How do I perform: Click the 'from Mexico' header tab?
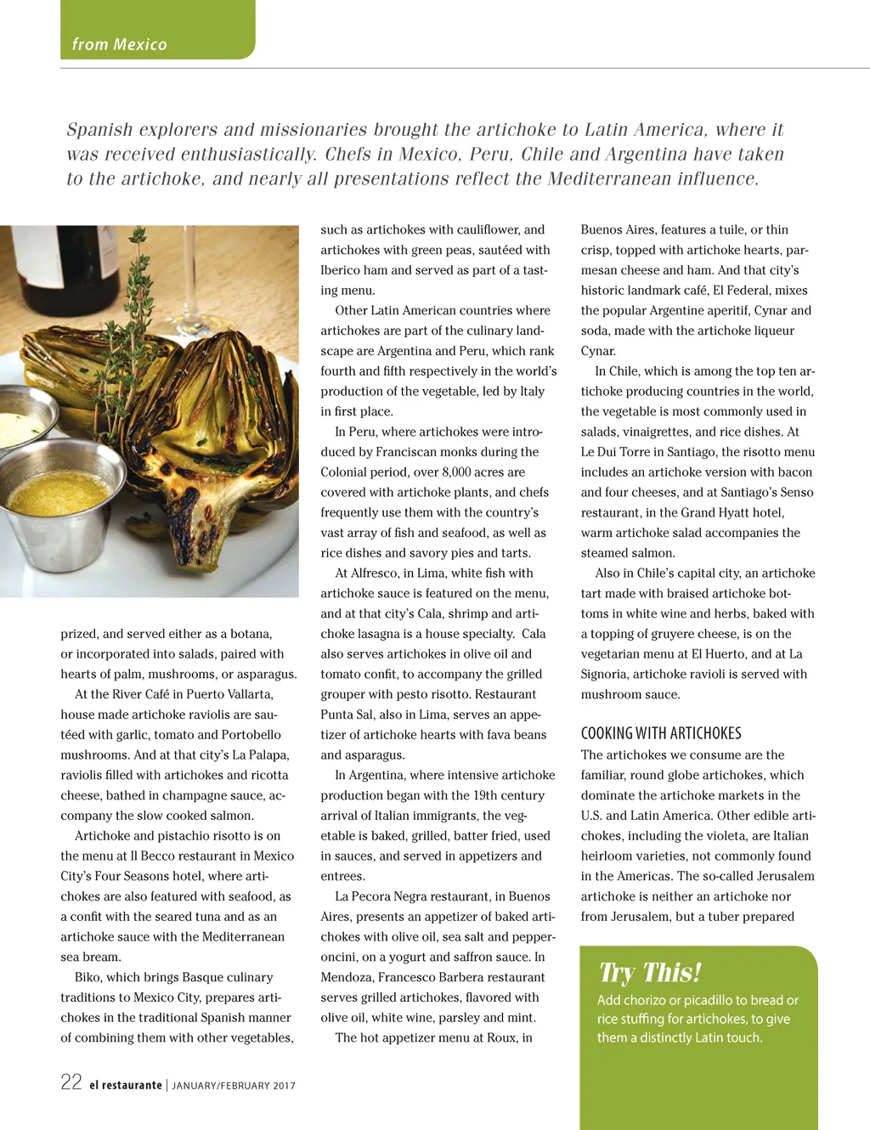pos(120,44)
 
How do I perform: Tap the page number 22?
pos(71,1082)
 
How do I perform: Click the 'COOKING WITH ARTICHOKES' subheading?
pos(661,733)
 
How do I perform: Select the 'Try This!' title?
pos(650,973)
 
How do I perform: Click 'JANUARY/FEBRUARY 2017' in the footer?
pos(234,1086)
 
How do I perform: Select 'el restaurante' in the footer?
pos(126,1085)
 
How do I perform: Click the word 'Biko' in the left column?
pos(89,977)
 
